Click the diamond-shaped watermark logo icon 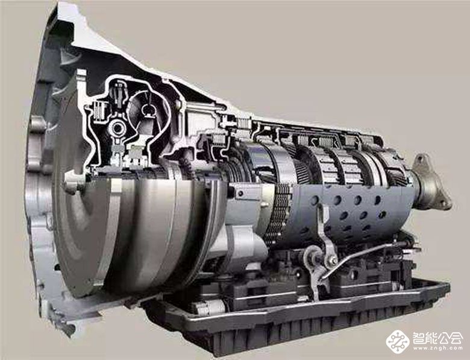(398, 341)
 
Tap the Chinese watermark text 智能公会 (437, 338)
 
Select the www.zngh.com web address (437, 349)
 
